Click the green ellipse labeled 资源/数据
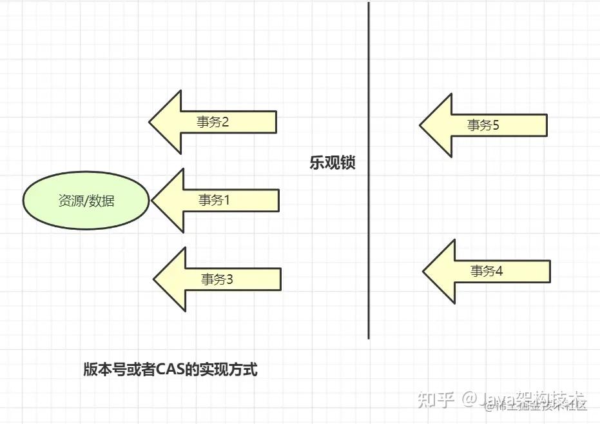(x=86, y=201)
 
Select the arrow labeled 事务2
(x=219, y=122)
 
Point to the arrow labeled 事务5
(x=490, y=125)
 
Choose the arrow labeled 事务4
(x=494, y=271)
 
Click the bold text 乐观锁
(x=333, y=163)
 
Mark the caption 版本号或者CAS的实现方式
(x=170, y=370)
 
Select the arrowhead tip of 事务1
(x=153, y=200)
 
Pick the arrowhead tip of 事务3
(x=155, y=279)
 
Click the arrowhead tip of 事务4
(x=424, y=271)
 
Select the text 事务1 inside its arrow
(x=214, y=200)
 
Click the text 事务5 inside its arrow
(x=483, y=125)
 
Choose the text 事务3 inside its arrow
(x=217, y=279)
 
